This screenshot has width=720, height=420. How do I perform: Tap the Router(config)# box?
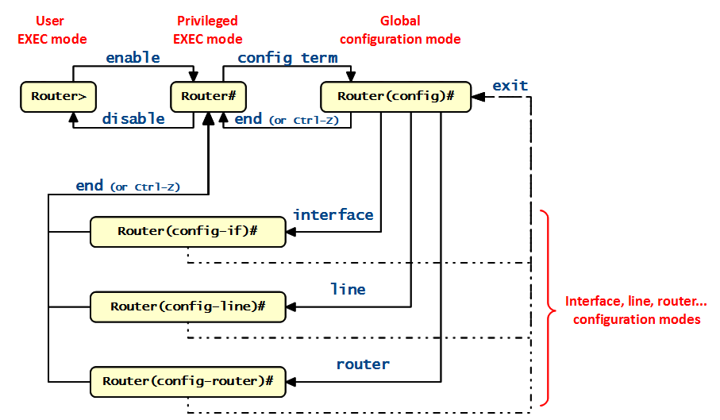(x=395, y=97)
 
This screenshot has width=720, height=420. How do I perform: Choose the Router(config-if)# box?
(x=187, y=232)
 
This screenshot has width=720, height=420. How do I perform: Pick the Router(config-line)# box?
(x=187, y=306)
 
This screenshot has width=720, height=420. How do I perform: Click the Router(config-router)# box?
(x=187, y=381)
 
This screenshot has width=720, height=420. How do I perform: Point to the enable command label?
(x=133, y=58)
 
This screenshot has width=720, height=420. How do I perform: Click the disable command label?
(x=133, y=119)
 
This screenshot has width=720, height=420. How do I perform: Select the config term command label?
(x=287, y=58)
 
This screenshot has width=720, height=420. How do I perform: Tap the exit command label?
(x=510, y=85)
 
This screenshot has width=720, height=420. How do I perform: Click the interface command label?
(x=333, y=215)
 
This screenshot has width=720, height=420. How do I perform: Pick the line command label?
(x=348, y=290)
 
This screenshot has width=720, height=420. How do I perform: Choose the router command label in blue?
(x=363, y=364)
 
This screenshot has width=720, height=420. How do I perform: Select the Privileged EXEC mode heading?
(x=208, y=29)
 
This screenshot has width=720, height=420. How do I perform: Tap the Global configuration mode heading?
(x=400, y=29)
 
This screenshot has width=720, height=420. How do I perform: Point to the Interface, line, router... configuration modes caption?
(x=636, y=310)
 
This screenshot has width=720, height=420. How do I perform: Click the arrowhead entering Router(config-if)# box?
(x=291, y=232)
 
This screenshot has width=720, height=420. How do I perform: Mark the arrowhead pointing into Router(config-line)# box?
(x=291, y=306)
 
